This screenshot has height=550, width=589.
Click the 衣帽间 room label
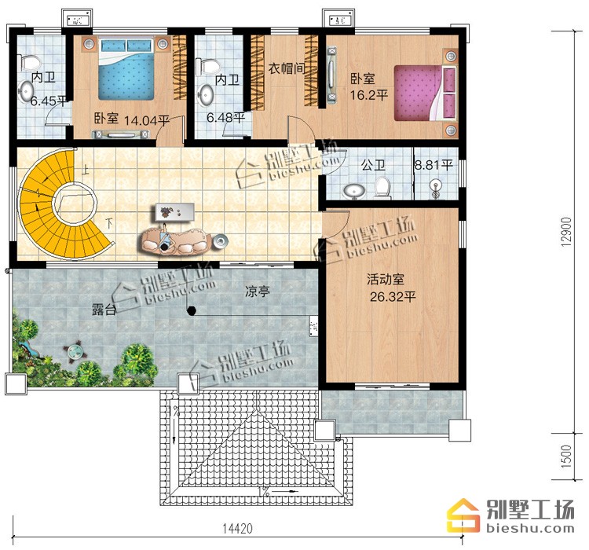tap(287, 68)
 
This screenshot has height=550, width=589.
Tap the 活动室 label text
tap(386, 280)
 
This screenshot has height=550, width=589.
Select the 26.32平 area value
tap(393, 297)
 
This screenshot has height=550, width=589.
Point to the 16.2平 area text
tap(369, 95)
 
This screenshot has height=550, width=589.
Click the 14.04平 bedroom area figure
tap(147, 120)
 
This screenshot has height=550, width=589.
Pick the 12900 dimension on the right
tap(566, 232)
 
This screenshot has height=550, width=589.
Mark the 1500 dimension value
tap(566, 456)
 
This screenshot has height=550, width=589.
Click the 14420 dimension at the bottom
tap(237, 529)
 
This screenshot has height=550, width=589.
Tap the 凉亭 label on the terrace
tap(258, 291)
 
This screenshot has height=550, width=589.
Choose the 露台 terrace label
tap(104, 310)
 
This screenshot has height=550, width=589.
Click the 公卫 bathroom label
tap(373, 165)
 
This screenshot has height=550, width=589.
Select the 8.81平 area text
tap(434, 165)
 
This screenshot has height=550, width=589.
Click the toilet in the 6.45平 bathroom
tap(29, 61)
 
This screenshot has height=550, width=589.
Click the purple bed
tap(425, 93)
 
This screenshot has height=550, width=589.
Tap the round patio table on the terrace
tap(75, 352)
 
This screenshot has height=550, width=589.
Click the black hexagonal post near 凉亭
tap(192, 310)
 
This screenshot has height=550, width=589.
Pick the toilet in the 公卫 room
tap(382, 187)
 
